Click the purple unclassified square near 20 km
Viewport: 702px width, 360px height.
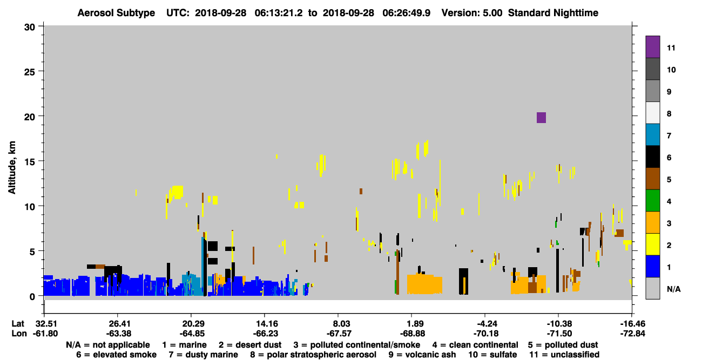(541, 118)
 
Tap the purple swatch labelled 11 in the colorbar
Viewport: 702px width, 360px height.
(652, 47)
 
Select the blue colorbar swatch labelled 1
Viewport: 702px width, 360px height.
(652, 266)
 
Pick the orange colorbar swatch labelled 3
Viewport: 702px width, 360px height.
(652, 222)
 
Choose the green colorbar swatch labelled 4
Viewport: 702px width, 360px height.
(652, 201)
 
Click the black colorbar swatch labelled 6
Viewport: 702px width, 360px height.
(652, 157)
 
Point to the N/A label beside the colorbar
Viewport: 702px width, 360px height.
(673, 289)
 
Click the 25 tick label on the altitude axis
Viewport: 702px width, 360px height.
(30, 72)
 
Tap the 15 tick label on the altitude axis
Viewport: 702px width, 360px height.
(30, 162)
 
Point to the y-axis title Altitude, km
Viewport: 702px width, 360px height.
(12, 168)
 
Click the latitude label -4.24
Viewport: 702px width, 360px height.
(484, 324)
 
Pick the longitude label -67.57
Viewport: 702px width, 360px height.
(339, 334)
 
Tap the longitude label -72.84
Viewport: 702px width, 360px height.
(632, 334)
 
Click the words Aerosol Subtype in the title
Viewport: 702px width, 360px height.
(116, 13)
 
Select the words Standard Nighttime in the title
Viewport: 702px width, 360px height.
(553, 13)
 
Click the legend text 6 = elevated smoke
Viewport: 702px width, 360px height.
(116, 355)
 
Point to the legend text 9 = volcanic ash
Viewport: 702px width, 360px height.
(422, 355)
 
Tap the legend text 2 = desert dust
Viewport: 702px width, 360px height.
(250, 345)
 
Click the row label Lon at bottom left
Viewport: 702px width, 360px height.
(19, 334)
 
